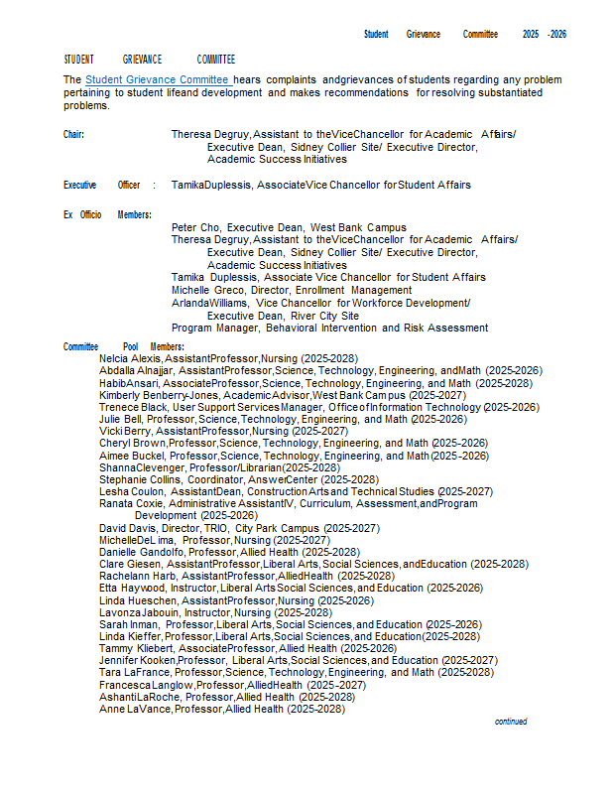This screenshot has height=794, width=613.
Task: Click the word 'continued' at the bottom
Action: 511,722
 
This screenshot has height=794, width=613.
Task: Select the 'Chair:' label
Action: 74,133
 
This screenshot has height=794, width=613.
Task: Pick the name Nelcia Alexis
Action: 131,358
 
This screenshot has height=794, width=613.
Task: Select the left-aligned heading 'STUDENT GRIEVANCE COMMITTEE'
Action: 150,60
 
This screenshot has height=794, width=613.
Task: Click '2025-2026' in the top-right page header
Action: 545,35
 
